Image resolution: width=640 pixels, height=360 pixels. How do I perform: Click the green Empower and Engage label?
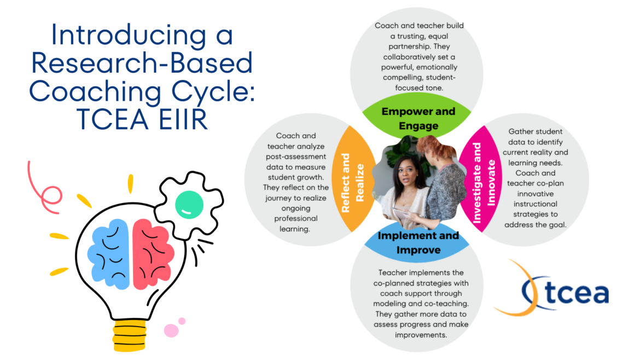pos(417,118)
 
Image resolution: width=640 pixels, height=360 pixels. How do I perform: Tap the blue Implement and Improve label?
pos(418,242)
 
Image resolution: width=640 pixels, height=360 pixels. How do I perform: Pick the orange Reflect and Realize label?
pos(352,182)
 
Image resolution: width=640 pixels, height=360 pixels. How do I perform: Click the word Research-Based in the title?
pos(142,63)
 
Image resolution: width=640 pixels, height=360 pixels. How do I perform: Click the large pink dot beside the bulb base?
pos(171,330)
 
